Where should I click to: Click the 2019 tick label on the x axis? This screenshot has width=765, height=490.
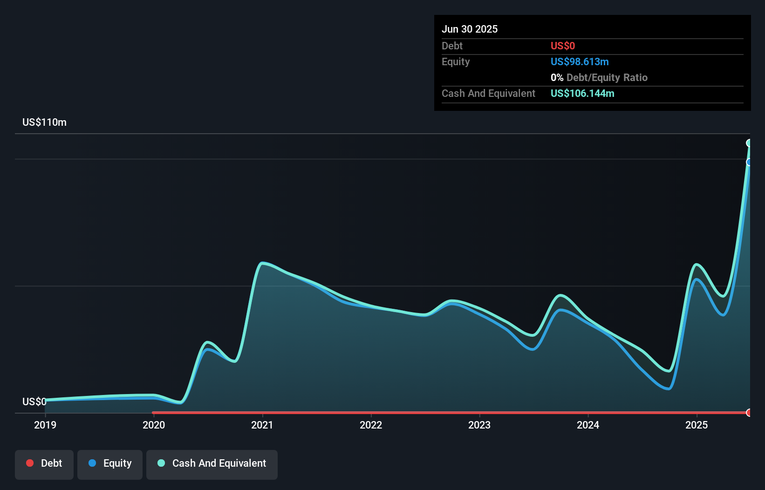tap(45, 425)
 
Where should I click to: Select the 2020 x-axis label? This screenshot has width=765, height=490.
tap(154, 425)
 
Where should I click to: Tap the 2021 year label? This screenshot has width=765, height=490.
tap(262, 425)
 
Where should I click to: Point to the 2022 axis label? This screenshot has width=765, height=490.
tap(371, 425)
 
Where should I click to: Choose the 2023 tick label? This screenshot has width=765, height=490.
tap(479, 425)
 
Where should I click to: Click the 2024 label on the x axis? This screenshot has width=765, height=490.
tap(588, 425)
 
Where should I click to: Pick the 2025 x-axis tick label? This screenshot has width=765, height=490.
tap(697, 425)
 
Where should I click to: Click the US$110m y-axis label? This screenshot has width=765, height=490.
tap(44, 122)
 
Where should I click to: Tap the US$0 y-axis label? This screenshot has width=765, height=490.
tap(34, 402)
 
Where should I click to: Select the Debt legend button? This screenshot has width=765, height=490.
tap(44, 463)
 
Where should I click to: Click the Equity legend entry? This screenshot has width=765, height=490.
tap(110, 463)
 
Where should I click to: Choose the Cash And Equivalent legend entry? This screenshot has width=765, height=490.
tap(212, 463)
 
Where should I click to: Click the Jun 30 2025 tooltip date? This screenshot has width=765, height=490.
tap(470, 29)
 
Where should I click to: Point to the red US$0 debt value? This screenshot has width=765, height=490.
tap(563, 46)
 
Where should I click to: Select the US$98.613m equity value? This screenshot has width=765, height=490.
tap(580, 61)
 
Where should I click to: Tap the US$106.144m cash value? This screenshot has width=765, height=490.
tap(582, 93)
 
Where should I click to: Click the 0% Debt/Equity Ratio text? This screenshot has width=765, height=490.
tap(599, 77)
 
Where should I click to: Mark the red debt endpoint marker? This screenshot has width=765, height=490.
tap(749, 413)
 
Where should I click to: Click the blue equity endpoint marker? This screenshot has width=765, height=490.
tap(749, 162)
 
